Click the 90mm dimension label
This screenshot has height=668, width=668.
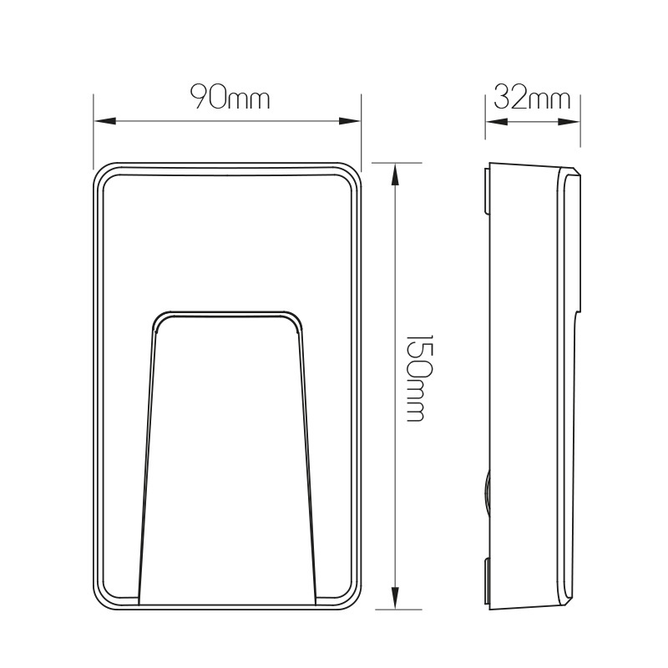[x=230, y=97]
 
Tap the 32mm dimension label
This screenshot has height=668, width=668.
[x=532, y=97]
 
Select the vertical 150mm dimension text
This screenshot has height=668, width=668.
[x=414, y=378]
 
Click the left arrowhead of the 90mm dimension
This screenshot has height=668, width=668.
[x=105, y=121]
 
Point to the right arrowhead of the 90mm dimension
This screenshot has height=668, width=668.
[x=350, y=121]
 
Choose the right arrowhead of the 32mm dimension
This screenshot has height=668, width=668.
[x=569, y=122]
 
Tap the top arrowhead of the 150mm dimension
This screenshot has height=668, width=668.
[x=395, y=175]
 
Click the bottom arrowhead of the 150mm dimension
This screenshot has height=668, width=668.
[x=395, y=598]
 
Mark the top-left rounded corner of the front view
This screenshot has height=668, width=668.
[x=100, y=170]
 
